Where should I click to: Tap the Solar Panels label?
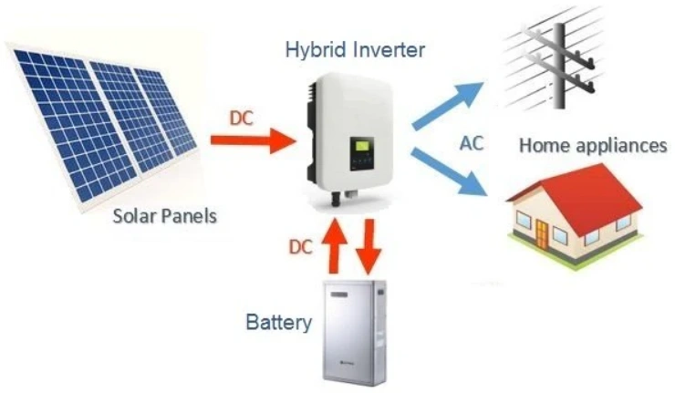164,217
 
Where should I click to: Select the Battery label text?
279,323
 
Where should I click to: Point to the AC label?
472,143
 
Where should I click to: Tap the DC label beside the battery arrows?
301,246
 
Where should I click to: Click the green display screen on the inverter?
363,146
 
